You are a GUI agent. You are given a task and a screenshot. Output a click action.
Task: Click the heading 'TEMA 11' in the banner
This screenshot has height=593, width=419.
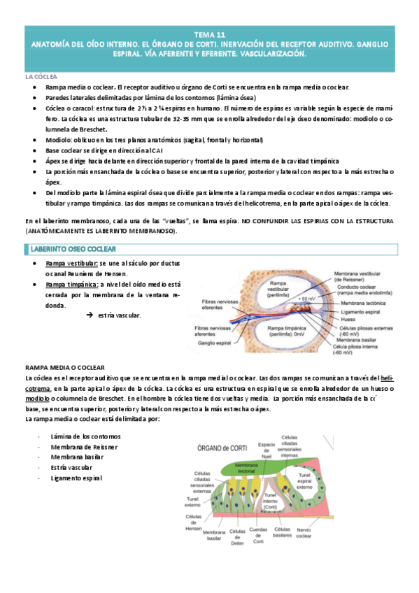[210, 34]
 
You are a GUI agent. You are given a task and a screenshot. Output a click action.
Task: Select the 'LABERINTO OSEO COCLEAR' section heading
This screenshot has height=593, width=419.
[73, 249]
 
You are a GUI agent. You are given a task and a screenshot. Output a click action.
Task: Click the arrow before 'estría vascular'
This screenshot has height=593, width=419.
[90, 316]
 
